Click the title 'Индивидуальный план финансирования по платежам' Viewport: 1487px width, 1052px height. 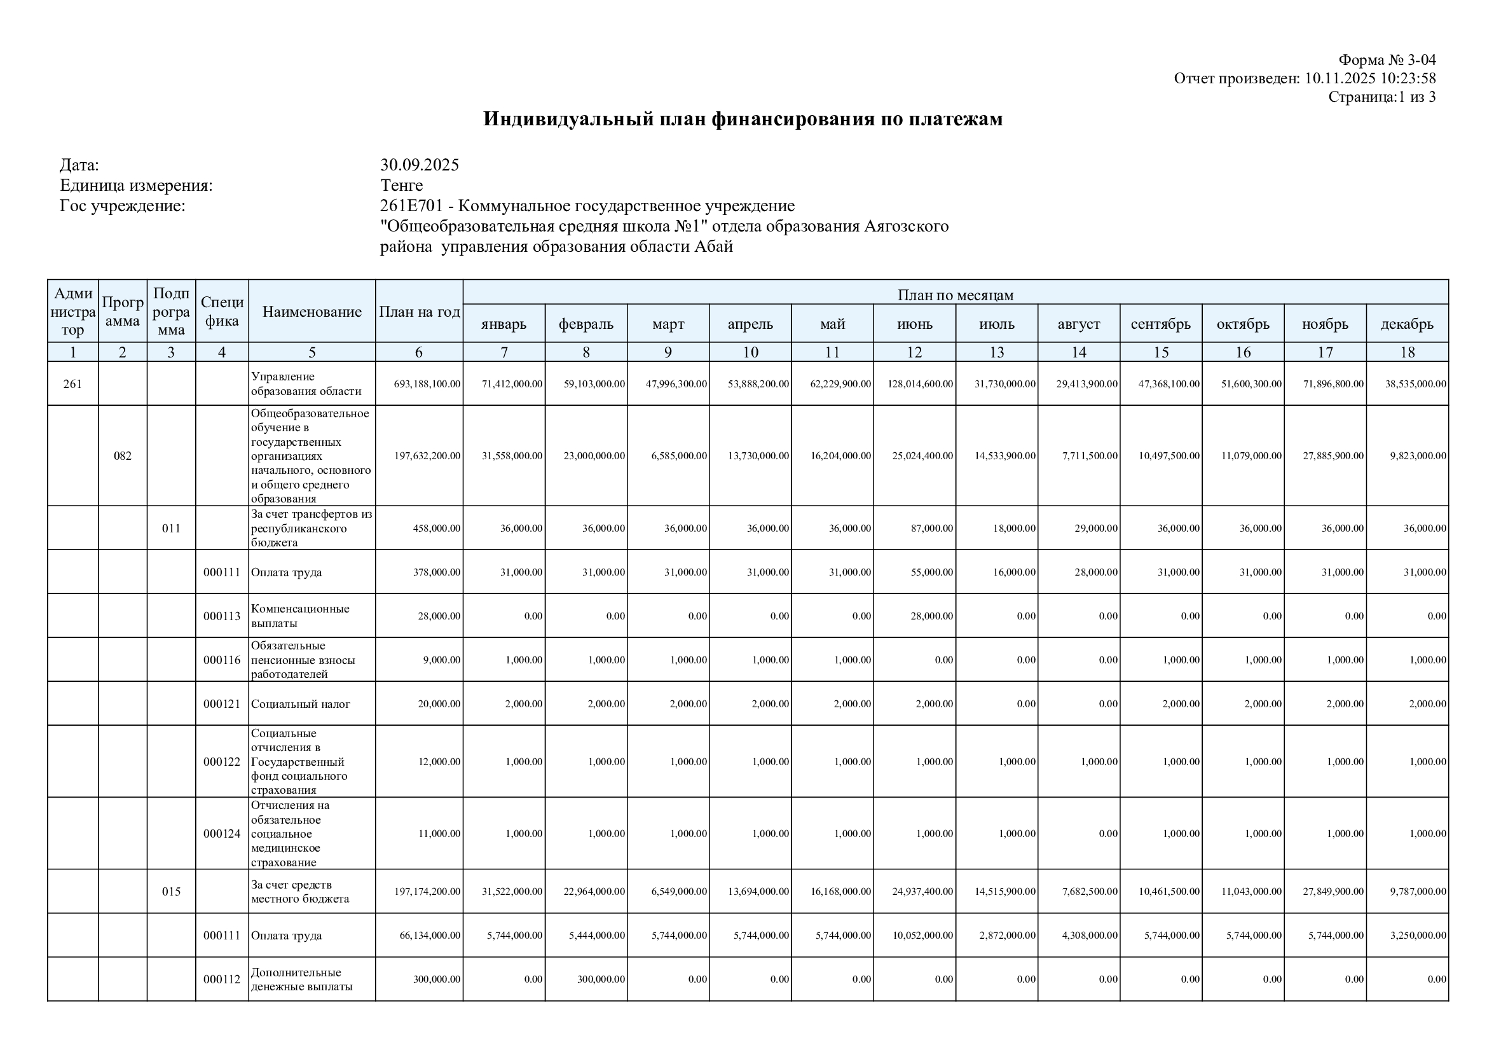click(x=742, y=119)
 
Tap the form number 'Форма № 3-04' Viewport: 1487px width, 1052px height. click(x=1387, y=60)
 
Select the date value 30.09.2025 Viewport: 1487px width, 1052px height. click(x=419, y=165)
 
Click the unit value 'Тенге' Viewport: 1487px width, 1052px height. click(x=401, y=185)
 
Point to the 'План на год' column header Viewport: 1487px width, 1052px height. click(x=419, y=312)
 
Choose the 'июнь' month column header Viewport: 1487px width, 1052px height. click(x=914, y=324)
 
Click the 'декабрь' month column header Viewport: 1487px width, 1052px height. click(x=1407, y=324)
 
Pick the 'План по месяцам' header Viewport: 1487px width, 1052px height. click(x=955, y=294)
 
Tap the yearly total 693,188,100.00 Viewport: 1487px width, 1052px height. click(x=427, y=384)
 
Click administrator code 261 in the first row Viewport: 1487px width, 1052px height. click(x=72, y=384)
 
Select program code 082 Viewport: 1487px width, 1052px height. click(x=123, y=455)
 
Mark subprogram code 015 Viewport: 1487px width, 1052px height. click(x=171, y=891)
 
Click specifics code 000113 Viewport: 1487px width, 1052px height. click(x=221, y=616)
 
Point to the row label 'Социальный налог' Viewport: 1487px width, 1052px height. click(x=301, y=703)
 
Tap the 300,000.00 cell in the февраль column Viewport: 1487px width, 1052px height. click(x=601, y=979)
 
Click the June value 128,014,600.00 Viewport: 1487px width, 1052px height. click(x=920, y=384)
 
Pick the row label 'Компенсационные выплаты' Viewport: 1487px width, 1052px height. click(x=300, y=616)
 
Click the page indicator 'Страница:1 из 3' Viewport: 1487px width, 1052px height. click(x=1381, y=97)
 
